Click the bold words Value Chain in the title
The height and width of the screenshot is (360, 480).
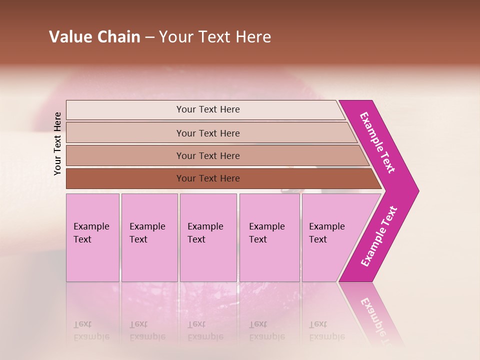[x=94, y=37]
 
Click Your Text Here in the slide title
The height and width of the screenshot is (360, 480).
[x=215, y=37]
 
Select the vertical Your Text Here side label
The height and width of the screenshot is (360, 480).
[x=57, y=143]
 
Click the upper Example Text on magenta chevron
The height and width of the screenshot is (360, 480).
[x=377, y=142]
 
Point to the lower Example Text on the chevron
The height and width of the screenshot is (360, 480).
[x=379, y=236]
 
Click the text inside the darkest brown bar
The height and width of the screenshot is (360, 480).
[x=208, y=178]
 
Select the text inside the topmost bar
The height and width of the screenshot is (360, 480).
[x=208, y=109]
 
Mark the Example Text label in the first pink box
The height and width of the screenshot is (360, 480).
[x=91, y=232]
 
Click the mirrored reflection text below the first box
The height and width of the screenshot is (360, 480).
[x=91, y=330]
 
